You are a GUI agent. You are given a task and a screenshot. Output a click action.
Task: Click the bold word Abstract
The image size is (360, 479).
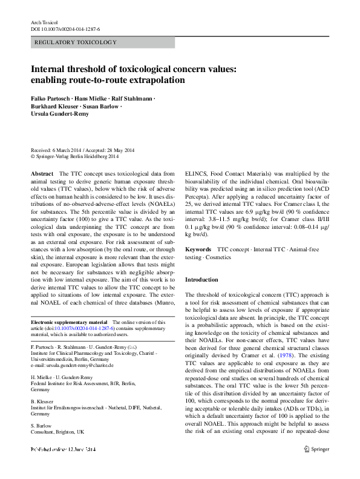(42, 173)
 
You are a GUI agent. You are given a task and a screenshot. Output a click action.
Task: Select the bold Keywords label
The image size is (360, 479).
(198, 249)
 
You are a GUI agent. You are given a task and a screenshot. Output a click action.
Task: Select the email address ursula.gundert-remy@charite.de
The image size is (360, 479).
(81, 366)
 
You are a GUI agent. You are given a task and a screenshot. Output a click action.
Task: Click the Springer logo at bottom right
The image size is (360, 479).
(316, 466)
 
